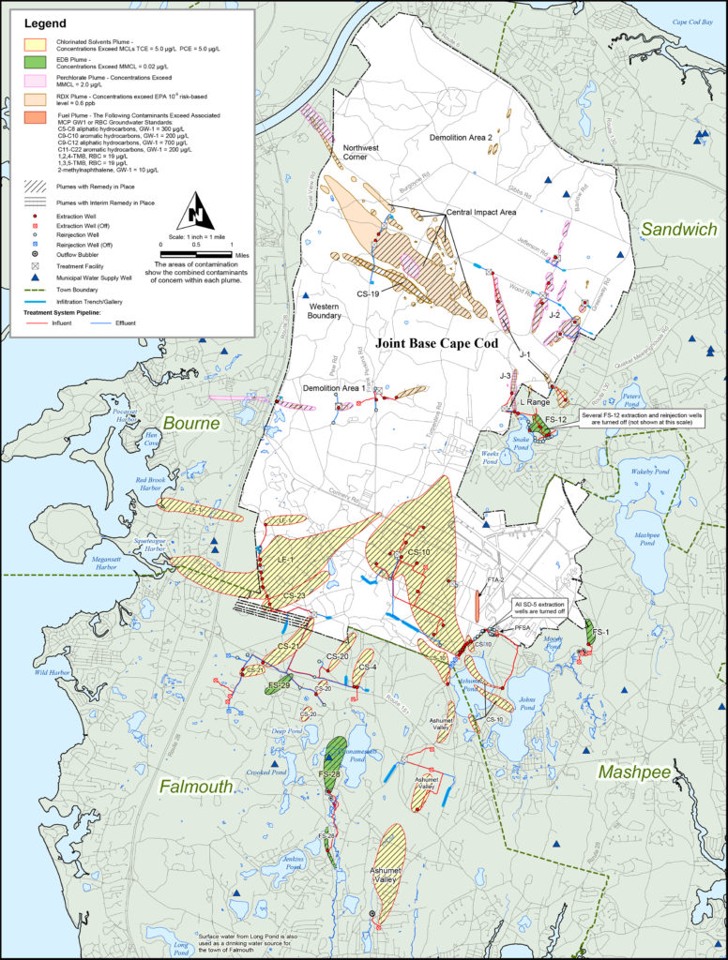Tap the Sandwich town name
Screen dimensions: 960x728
(x=679, y=229)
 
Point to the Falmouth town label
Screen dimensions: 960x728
(x=195, y=787)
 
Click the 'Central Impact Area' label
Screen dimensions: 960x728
(x=481, y=213)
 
